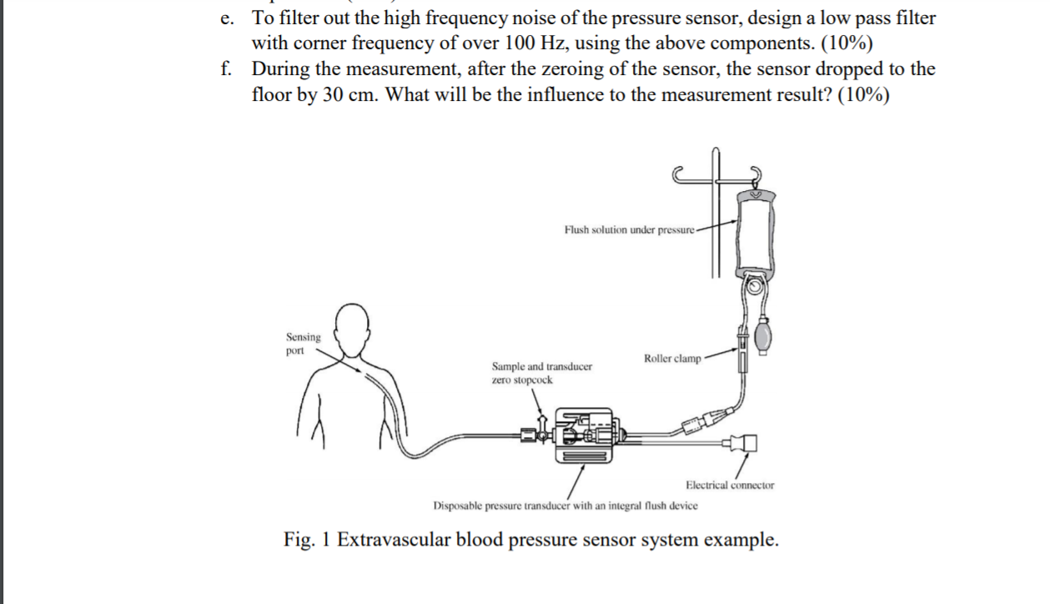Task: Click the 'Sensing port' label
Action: tap(303, 344)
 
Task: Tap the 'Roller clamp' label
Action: tap(672, 359)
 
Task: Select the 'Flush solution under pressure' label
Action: tap(629, 229)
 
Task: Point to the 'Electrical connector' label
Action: tap(729, 485)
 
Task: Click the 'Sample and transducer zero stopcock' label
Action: tap(542, 373)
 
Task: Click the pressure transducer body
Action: tap(584, 434)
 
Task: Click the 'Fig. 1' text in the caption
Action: tap(306, 540)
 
